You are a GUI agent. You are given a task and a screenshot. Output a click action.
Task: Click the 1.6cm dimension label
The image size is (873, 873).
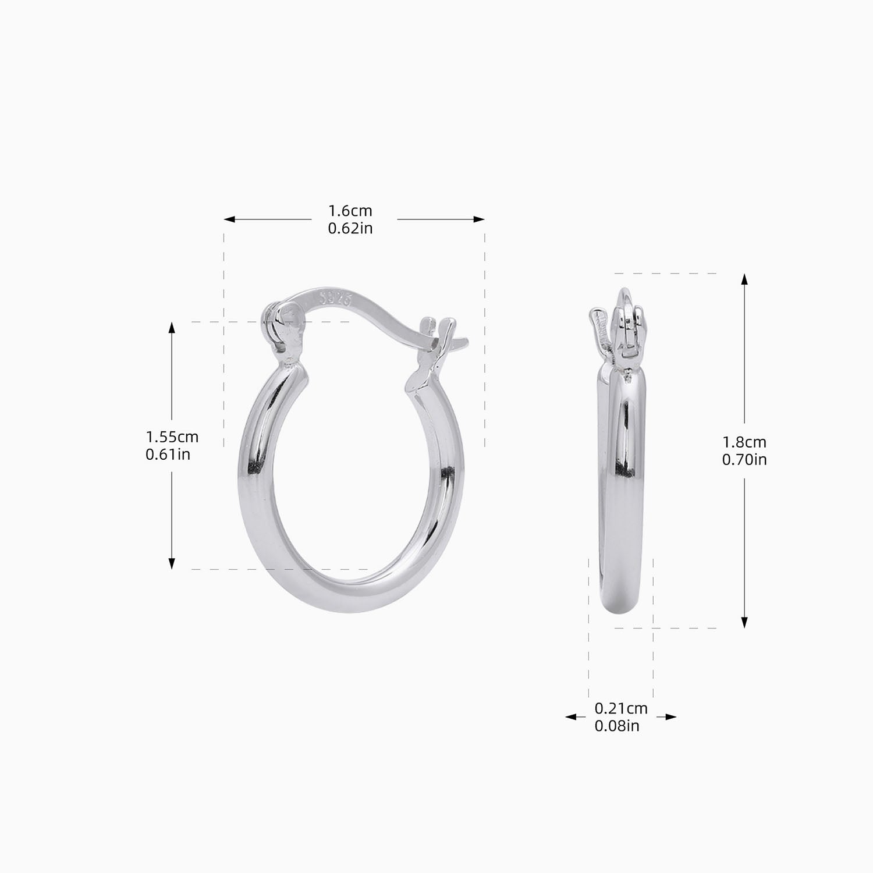click(x=350, y=211)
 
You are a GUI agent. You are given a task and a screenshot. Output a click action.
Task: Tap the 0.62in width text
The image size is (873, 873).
click(x=350, y=228)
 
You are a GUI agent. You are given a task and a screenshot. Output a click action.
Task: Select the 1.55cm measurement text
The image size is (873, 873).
click(x=172, y=436)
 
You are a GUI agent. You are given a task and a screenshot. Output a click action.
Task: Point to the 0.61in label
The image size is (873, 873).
click(x=168, y=454)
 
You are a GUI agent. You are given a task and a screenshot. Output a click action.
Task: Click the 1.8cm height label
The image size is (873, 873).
click(x=744, y=442)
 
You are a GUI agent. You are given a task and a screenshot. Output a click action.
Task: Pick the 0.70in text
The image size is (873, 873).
click(x=744, y=460)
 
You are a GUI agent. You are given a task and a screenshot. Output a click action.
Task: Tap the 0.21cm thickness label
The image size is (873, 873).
click(x=620, y=708)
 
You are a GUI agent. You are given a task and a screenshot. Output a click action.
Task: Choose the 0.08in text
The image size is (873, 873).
click(x=616, y=726)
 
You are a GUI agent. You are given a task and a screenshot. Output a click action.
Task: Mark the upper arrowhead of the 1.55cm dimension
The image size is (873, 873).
click(x=172, y=328)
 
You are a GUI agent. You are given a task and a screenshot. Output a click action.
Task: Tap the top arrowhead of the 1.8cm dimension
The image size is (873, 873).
click(x=744, y=279)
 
